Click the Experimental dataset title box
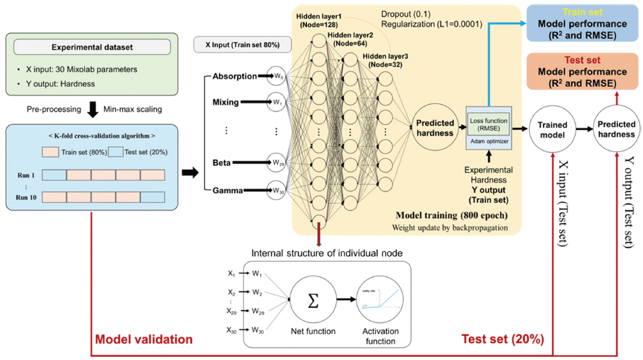(x=92, y=47)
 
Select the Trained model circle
(x=552, y=130)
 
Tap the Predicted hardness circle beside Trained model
(x=616, y=130)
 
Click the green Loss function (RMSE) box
(x=488, y=123)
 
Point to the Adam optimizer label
(x=488, y=141)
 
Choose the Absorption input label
(x=234, y=77)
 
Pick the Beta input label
(x=223, y=162)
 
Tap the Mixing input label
(x=225, y=102)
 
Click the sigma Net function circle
(x=312, y=300)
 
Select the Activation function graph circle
(x=377, y=300)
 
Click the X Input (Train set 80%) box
(x=242, y=45)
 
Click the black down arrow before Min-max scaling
(x=92, y=109)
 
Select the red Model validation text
(x=144, y=339)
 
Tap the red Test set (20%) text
(x=502, y=339)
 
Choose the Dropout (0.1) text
(x=407, y=13)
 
